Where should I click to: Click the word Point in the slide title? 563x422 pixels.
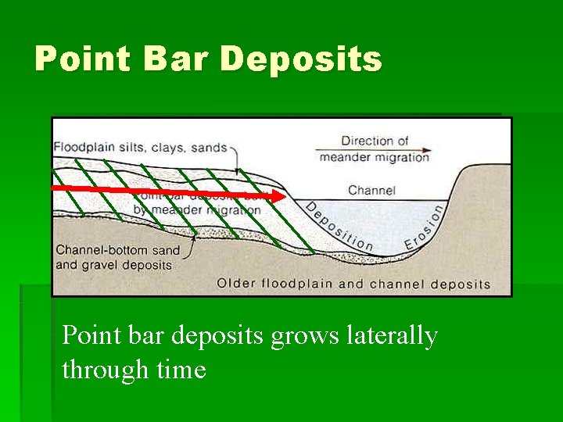click(81, 59)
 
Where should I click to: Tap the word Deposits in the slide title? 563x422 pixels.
click(301, 59)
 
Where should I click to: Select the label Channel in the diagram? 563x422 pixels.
click(371, 190)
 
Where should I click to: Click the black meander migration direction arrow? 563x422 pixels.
click(373, 149)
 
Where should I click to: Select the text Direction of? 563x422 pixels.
click(375, 141)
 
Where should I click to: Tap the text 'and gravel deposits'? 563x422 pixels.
click(113, 264)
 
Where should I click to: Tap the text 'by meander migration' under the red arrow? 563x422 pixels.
click(196, 209)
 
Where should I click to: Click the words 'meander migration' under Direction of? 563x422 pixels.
click(374, 156)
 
